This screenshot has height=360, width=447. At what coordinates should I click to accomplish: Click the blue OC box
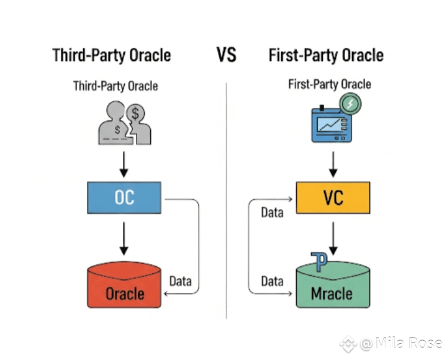pos(124,197)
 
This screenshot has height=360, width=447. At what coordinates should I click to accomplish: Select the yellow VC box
pos(333,197)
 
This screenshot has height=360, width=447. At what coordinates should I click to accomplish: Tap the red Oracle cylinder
pos(124,285)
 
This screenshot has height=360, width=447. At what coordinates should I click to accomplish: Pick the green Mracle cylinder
pos(333,285)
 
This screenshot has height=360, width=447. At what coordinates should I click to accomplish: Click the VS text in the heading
pos(227,55)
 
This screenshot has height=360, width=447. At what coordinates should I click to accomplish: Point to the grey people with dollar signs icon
pos(125,123)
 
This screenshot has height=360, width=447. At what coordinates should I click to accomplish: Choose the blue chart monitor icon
pos(332,124)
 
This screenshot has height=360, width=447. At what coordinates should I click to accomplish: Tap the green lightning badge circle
pos(350,104)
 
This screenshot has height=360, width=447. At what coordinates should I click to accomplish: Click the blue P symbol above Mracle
pos(319,261)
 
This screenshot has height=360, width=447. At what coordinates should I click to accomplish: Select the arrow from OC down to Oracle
pos(124,239)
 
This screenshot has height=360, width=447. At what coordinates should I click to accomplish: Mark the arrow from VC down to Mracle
pos(333,239)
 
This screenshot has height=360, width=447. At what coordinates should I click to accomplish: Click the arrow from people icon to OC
pos(124,164)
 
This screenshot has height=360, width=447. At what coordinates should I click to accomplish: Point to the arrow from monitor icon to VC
pos(333,164)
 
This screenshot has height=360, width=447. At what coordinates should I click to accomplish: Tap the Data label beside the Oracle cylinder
pos(181,281)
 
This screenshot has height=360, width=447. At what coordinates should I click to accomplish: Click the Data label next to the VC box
pos(273,213)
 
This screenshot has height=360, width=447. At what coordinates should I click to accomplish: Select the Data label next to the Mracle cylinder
pos(273,281)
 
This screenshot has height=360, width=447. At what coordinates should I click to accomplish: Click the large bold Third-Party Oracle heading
pos(112,55)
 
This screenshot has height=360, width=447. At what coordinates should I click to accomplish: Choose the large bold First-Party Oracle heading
pos(326,55)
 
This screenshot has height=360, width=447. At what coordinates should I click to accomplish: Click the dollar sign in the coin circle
pos(135,114)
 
